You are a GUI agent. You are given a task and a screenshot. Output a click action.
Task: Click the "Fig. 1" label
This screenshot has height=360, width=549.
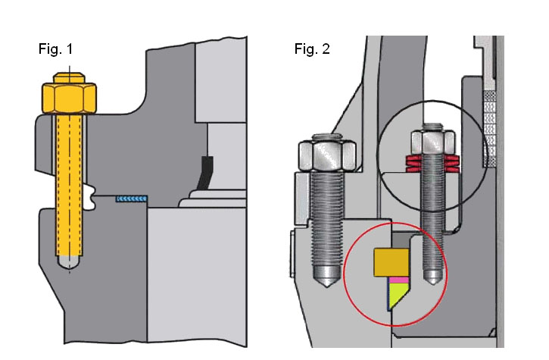coord(56,49)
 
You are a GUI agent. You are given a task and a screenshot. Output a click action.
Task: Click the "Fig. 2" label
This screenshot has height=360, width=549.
coord(311,49)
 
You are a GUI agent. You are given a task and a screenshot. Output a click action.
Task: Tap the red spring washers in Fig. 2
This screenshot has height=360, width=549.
coord(429,163)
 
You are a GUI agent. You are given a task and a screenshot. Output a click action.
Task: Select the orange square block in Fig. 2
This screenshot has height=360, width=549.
coord(391,261)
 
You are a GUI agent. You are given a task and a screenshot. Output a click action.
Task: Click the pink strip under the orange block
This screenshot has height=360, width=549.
coord(398,279)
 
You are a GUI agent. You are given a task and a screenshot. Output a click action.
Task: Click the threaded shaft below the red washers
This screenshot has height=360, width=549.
coord(430,220)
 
